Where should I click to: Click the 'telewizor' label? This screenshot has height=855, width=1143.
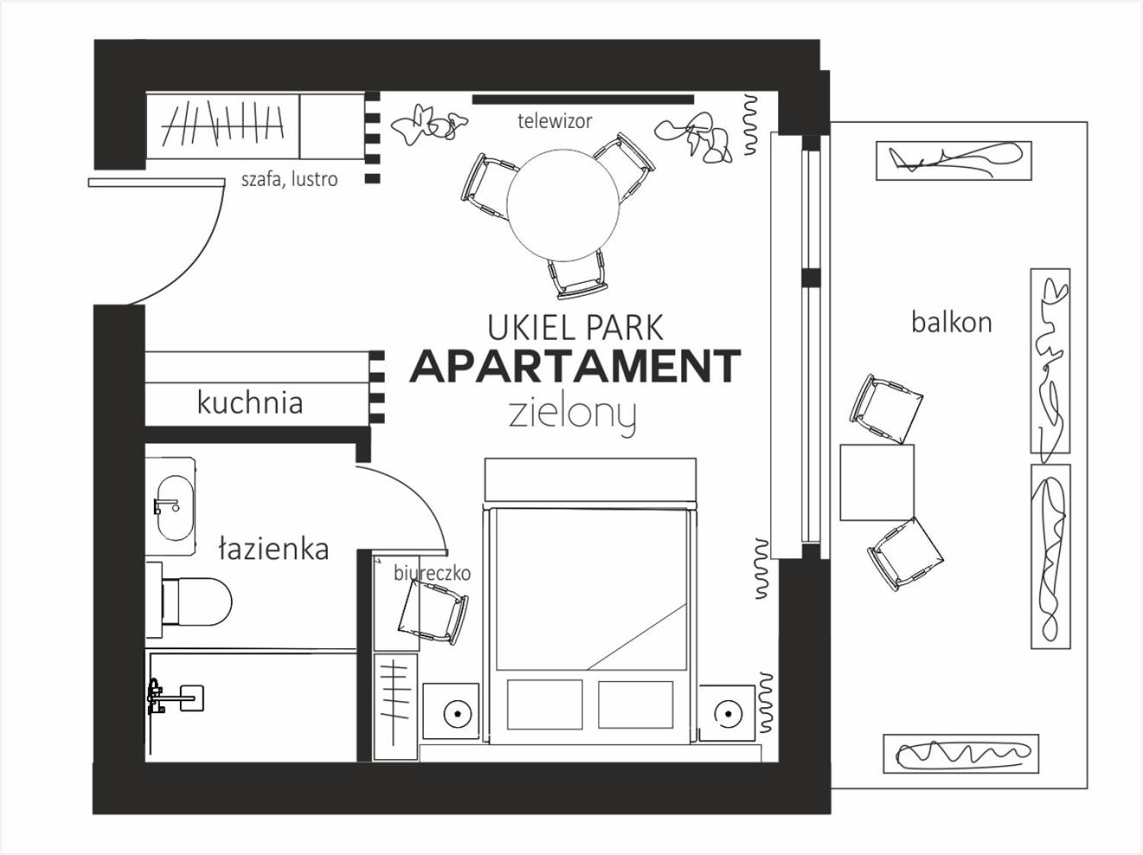(554, 121)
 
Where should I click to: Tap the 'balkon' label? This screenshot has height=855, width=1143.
(951, 322)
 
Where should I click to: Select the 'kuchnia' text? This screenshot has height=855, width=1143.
(250, 403)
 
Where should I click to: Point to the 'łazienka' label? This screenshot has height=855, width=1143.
(273, 549)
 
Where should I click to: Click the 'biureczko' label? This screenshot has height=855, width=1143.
(432, 573)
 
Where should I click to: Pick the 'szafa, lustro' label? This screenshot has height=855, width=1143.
(290, 179)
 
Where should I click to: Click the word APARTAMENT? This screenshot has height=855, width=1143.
(575, 366)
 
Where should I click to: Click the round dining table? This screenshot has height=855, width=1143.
(563, 206)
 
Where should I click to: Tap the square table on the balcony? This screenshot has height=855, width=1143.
(877, 482)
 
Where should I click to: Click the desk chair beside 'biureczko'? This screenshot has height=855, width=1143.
(432, 612)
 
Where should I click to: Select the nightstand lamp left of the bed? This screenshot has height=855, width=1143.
(457, 712)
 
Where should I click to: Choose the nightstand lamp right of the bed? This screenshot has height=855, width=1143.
(727, 712)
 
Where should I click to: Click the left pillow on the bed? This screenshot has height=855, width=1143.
(545, 705)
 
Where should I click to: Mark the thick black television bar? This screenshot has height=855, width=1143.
(584, 99)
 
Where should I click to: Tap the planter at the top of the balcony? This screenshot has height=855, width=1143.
(954, 161)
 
